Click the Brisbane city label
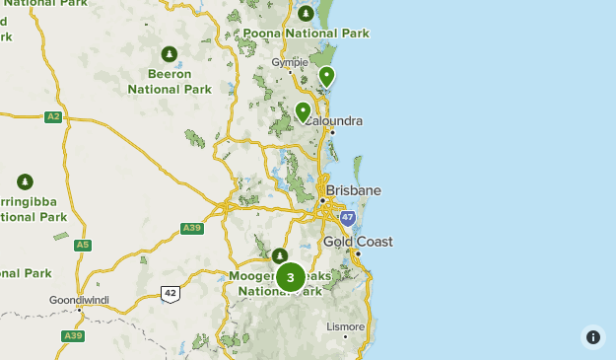(x=353, y=189)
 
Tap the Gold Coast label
(x=358, y=242)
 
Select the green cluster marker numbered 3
(x=290, y=277)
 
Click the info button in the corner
(x=592, y=336)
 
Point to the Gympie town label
(x=290, y=61)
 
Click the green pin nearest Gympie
(x=326, y=76)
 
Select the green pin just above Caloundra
(x=303, y=110)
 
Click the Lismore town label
(x=346, y=326)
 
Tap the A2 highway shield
(x=53, y=116)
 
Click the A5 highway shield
(x=83, y=245)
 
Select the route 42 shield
(x=171, y=293)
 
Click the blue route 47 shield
(x=348, y=217)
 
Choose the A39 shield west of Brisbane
(x=192, y=229)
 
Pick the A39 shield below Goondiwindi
(x=73, y=335)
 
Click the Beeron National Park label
(x=169, y=81)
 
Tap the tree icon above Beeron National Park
(x=169, y=53)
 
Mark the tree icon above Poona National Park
(x=306, y=13)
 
